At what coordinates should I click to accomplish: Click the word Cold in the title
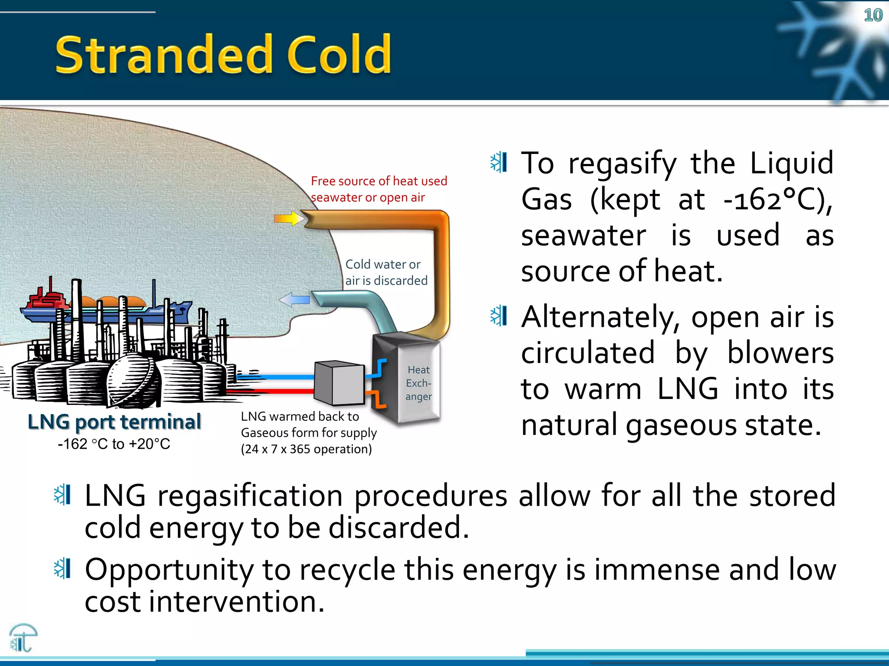tap(339, 55)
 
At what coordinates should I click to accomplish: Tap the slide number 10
tap(873, 16)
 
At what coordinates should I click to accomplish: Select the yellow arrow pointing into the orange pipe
tap(289, 219)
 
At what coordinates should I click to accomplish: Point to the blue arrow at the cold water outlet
tap(294, 300)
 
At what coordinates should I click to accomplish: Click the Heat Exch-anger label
tap(418, 383)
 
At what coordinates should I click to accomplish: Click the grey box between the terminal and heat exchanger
tap(339, 383)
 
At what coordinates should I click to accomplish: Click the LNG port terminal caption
tap(114, 422)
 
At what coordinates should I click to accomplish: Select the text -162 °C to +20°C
tap(114, 444)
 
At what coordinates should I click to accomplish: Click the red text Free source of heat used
tap(379, 181)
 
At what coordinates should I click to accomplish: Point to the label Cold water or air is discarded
tap(385, 272)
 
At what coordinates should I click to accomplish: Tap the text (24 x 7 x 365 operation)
tap(306, 449)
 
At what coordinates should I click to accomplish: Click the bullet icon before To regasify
tap(499, 163)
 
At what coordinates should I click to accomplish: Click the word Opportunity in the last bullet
tap(169, 570)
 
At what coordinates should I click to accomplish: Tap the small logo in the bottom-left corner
tap(23, 638)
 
